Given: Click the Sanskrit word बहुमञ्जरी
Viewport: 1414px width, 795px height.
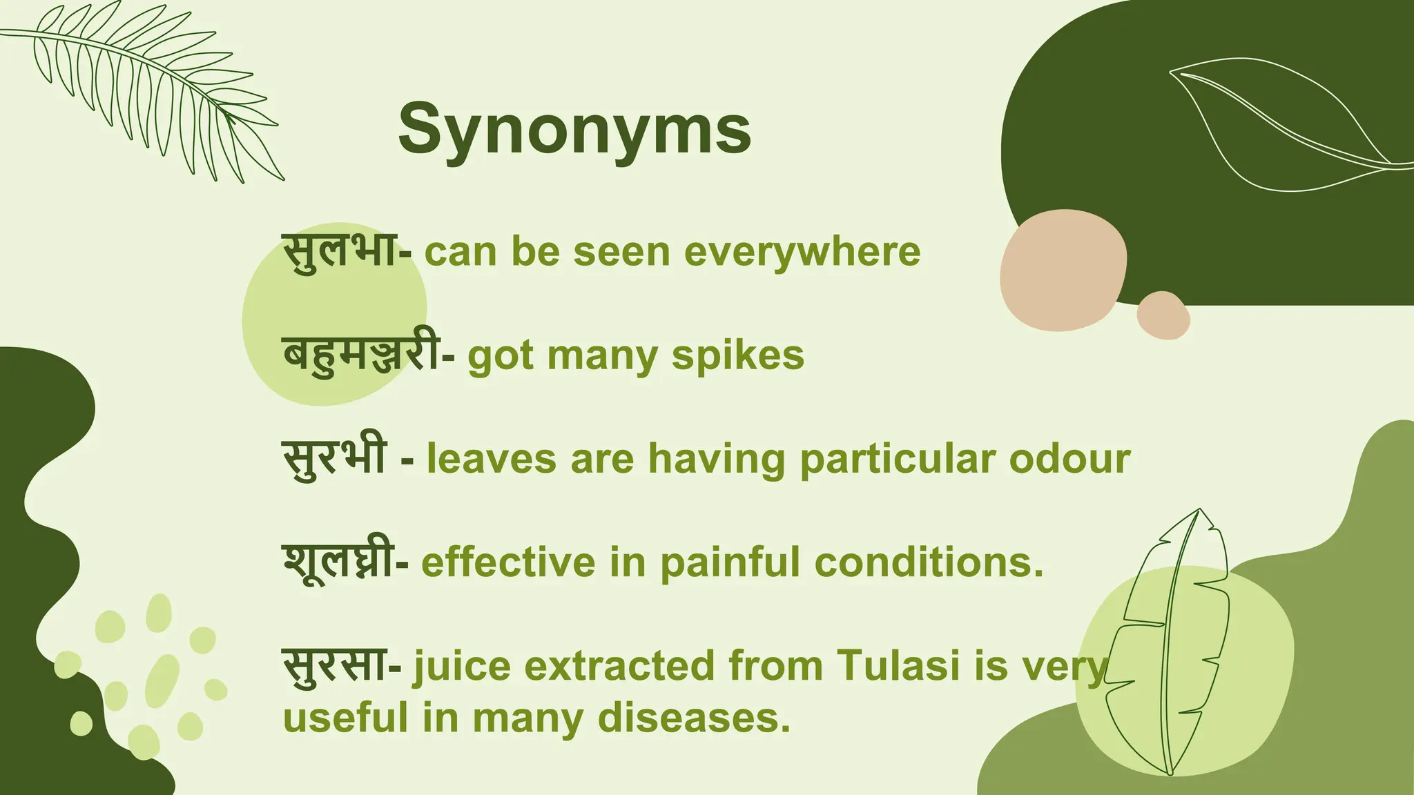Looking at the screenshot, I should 360,355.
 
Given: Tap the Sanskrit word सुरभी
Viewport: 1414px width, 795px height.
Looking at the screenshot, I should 334,458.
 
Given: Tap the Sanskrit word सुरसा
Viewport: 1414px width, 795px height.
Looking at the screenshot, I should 334,665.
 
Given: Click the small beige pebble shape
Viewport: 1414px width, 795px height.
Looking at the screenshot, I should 1163,315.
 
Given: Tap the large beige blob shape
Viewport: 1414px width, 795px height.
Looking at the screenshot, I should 1063,269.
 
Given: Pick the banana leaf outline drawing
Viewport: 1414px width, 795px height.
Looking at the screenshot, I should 1174,642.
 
